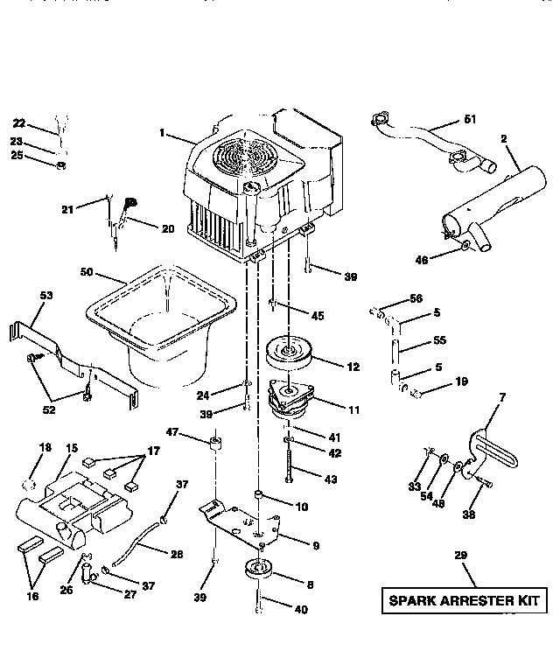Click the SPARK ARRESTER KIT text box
pyautogui.click(x=465, y=602)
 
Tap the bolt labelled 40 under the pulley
pyautogui.click(x=260, y=605)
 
